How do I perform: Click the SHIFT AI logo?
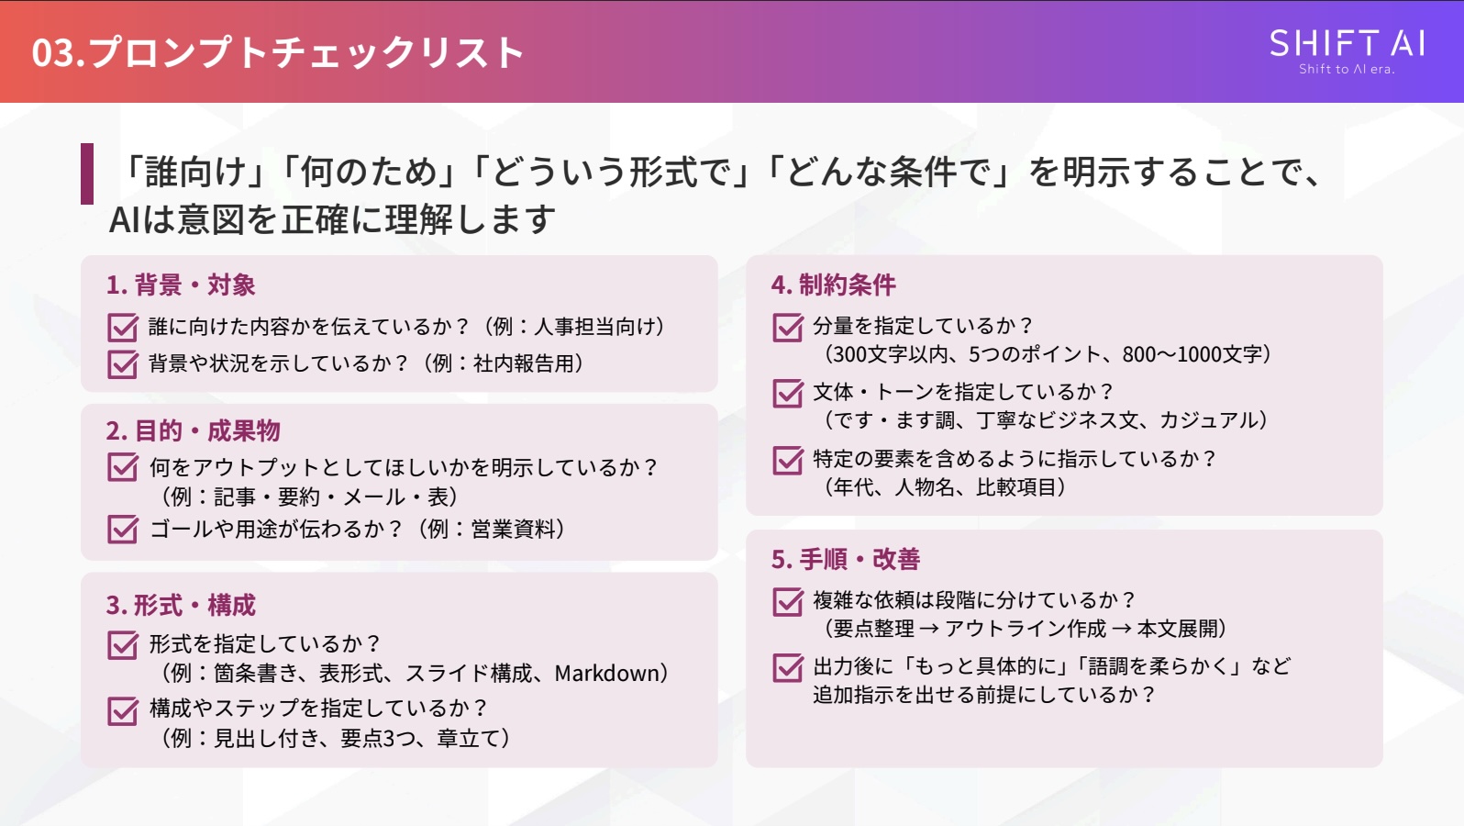(x=1346, y=44)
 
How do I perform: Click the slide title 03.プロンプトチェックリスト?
(x=277, y=52)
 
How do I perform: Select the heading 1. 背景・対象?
(x=181, y=285)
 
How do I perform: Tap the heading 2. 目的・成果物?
(x=193, y=430)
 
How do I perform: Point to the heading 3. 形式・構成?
(x=181, y=606)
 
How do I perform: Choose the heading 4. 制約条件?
(x=833, y=285)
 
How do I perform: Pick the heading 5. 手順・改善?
(x=845, y=559)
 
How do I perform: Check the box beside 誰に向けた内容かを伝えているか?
(x=122, y=328)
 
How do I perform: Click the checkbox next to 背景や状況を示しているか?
(x=122, y=364)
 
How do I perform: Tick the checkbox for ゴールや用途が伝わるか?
(x=122, y=530)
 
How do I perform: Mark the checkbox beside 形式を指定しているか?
(x=122, y=645)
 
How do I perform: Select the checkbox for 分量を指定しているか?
(x=787, y=328)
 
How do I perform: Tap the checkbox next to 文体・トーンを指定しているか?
(x=787, y=394)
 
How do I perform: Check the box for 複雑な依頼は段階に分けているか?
(x=787, y=602)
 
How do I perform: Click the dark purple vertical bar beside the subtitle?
(x=87, y=173)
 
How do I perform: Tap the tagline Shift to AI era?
(x=1346, y=70)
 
